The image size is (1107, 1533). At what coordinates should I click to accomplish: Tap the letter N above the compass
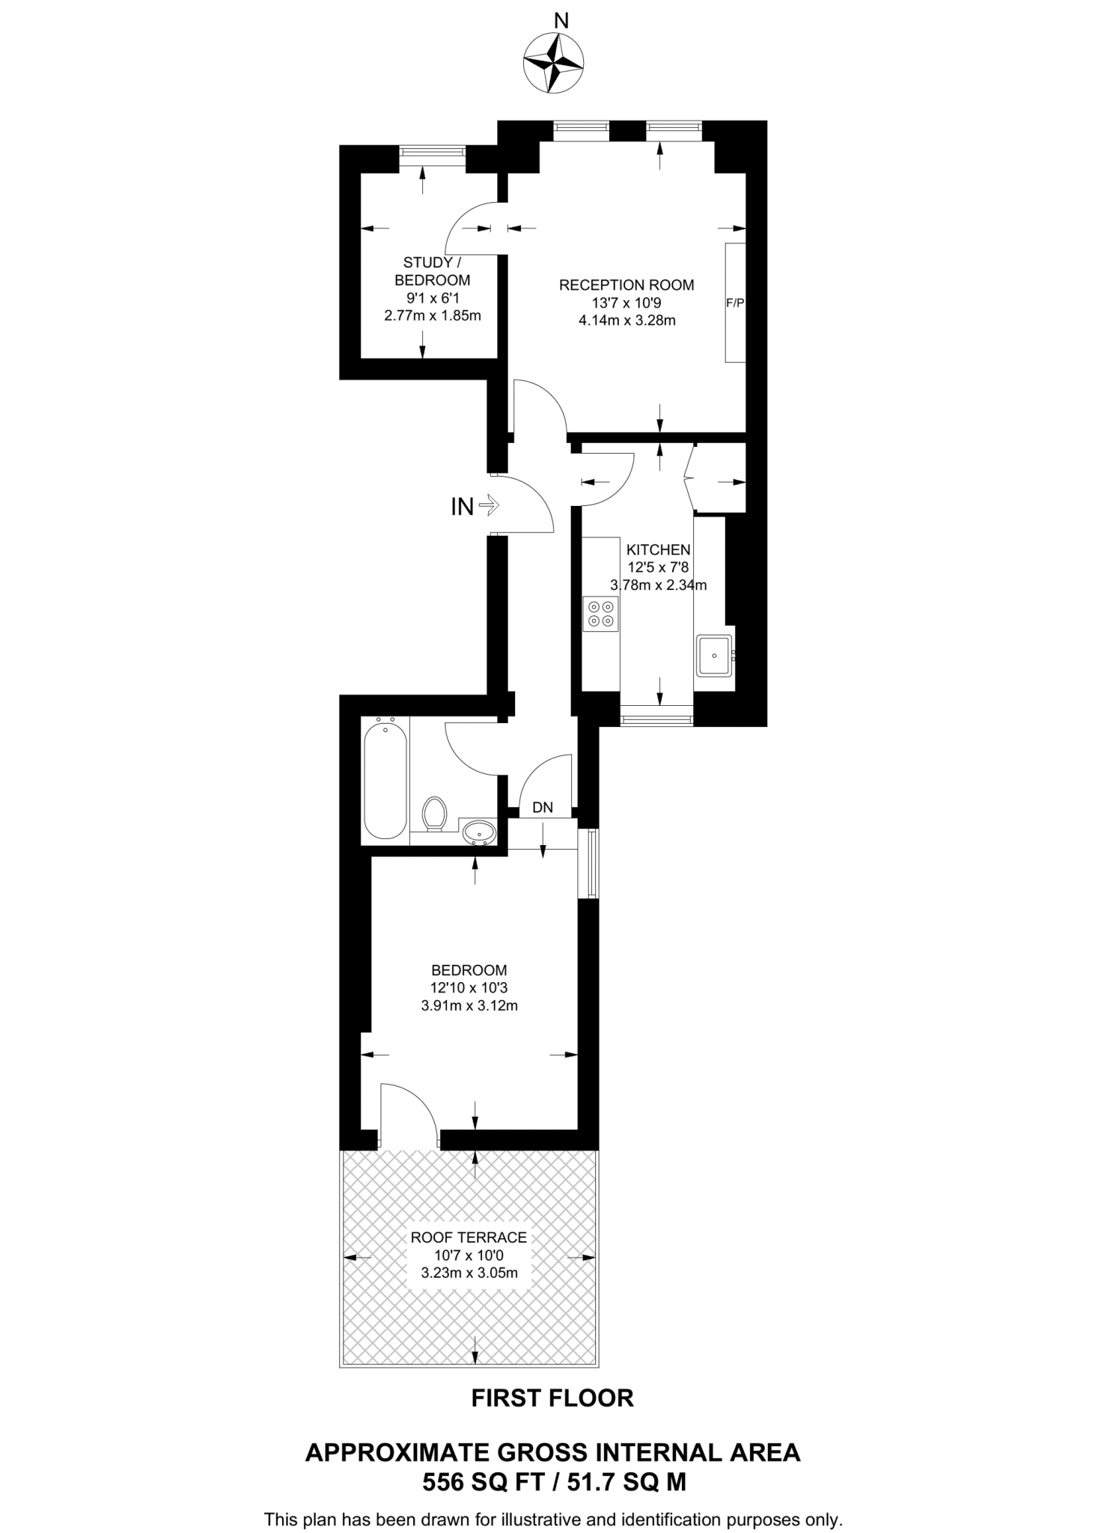tap(561, 21)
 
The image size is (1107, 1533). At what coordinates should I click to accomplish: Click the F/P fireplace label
tap(735, 303)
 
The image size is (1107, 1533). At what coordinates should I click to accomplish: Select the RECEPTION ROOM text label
tap(626, 284)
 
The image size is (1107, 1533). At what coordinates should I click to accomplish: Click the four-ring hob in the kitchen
tap(601, 613)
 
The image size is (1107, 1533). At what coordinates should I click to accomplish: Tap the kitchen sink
tap(714, 655)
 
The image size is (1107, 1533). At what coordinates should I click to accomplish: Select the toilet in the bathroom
tap(434, 814)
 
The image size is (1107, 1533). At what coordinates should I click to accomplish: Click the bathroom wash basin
tap(478, 832)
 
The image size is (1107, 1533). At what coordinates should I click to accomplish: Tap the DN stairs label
tap(543, 808)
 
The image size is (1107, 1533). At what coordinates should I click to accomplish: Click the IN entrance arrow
tap(488, 506)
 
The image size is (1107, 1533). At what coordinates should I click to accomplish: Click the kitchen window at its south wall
tap(657, 719)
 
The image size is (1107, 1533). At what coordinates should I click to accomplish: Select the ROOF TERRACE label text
tap(469, 1237)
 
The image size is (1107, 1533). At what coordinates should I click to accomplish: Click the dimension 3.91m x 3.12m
tap(469, 1005)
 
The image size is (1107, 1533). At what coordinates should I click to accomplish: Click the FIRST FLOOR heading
tap(552, 1398)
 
